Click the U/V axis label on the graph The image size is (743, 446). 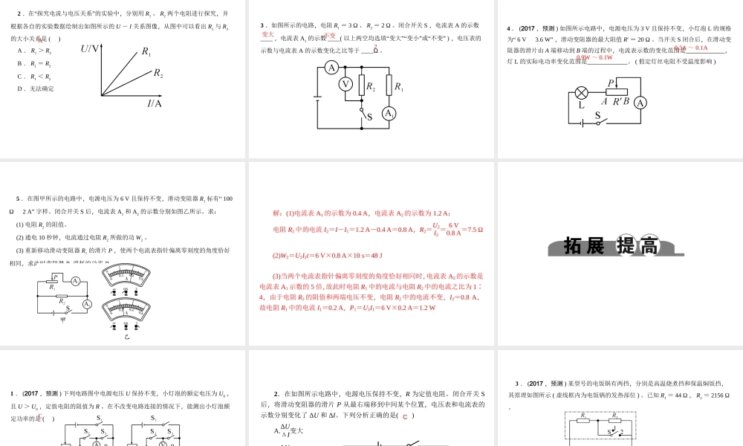click(x=90, y=49)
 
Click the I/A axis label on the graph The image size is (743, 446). click(x=155, y=103)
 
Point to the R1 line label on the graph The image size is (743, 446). click(x=146, y=52)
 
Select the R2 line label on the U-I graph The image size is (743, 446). click(x=158, y=73)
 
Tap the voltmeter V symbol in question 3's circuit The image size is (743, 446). click(x=345, y=84)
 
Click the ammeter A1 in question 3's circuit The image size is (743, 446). click(x=389, y=113)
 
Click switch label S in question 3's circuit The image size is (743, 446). click(x=369, y=117)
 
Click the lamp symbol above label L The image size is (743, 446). click(x=582, y=93)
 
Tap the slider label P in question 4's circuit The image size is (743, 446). click(x=611, y=83)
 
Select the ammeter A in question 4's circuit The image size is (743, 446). click(x=640, y=103)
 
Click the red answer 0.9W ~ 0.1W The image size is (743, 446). click(x=594, y=57)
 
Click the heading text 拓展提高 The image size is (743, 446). click(x=611, y=246)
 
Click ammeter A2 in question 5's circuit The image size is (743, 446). click(x=87, y=304)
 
